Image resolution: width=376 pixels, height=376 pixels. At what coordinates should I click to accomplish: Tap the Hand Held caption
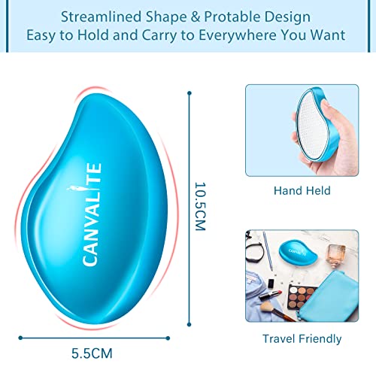coord(303,191)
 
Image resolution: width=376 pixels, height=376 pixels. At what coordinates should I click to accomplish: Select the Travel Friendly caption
coord(302,338)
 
